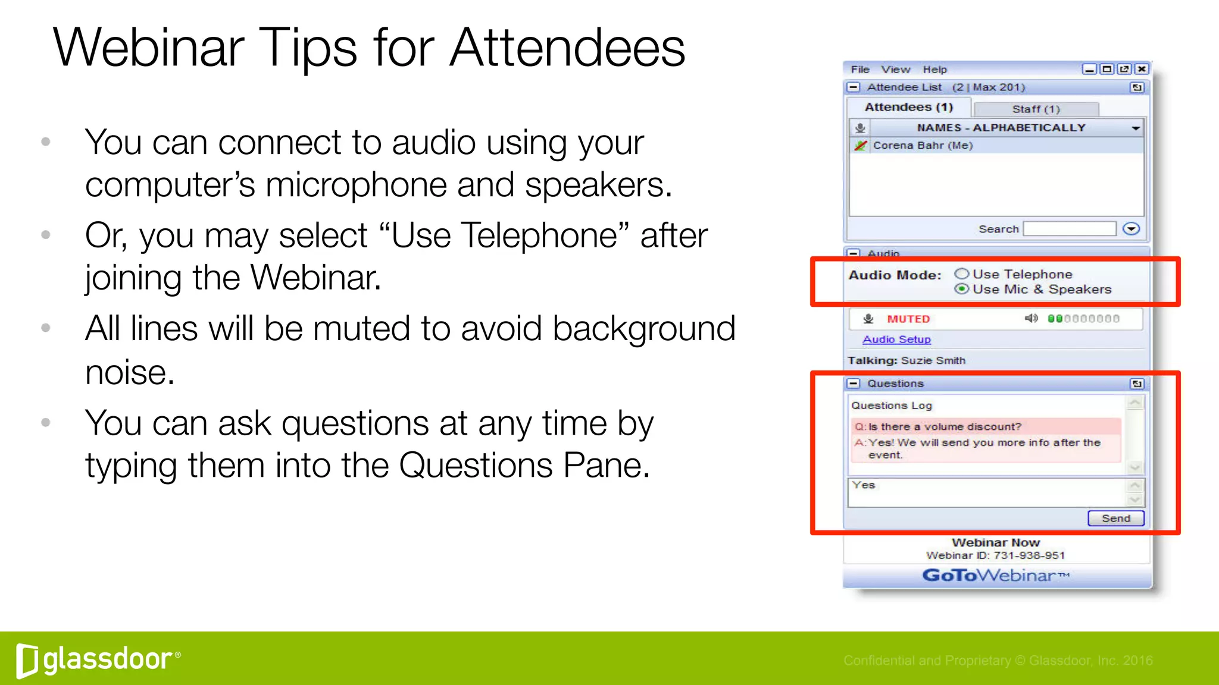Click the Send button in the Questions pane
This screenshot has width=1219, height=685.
click(1115, 519)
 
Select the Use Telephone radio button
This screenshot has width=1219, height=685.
click(962, 274)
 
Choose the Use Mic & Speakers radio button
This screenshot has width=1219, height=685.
click(962, 289)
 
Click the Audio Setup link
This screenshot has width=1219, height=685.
click(896, 340)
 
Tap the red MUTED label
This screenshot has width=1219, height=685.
click(908, 319)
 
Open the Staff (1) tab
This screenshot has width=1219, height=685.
click(1036, 109)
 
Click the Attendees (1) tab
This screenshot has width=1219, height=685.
click(909, 108)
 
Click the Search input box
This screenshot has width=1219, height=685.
click(1069, 229)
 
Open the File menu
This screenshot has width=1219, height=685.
click(860, 70)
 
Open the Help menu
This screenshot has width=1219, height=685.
click(934, 70)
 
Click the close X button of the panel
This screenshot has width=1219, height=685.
click(1142, 70)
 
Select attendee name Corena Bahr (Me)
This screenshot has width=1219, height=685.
click(923, 146)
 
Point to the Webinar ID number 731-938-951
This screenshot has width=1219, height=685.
click(1029, 555)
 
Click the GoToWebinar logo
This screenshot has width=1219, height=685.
click(996, 576)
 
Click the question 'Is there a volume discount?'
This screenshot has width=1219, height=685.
click(945, 427)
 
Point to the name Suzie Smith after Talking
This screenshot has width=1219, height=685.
click(933, 360)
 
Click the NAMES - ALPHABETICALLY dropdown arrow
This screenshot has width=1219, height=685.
click(1136, 128)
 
